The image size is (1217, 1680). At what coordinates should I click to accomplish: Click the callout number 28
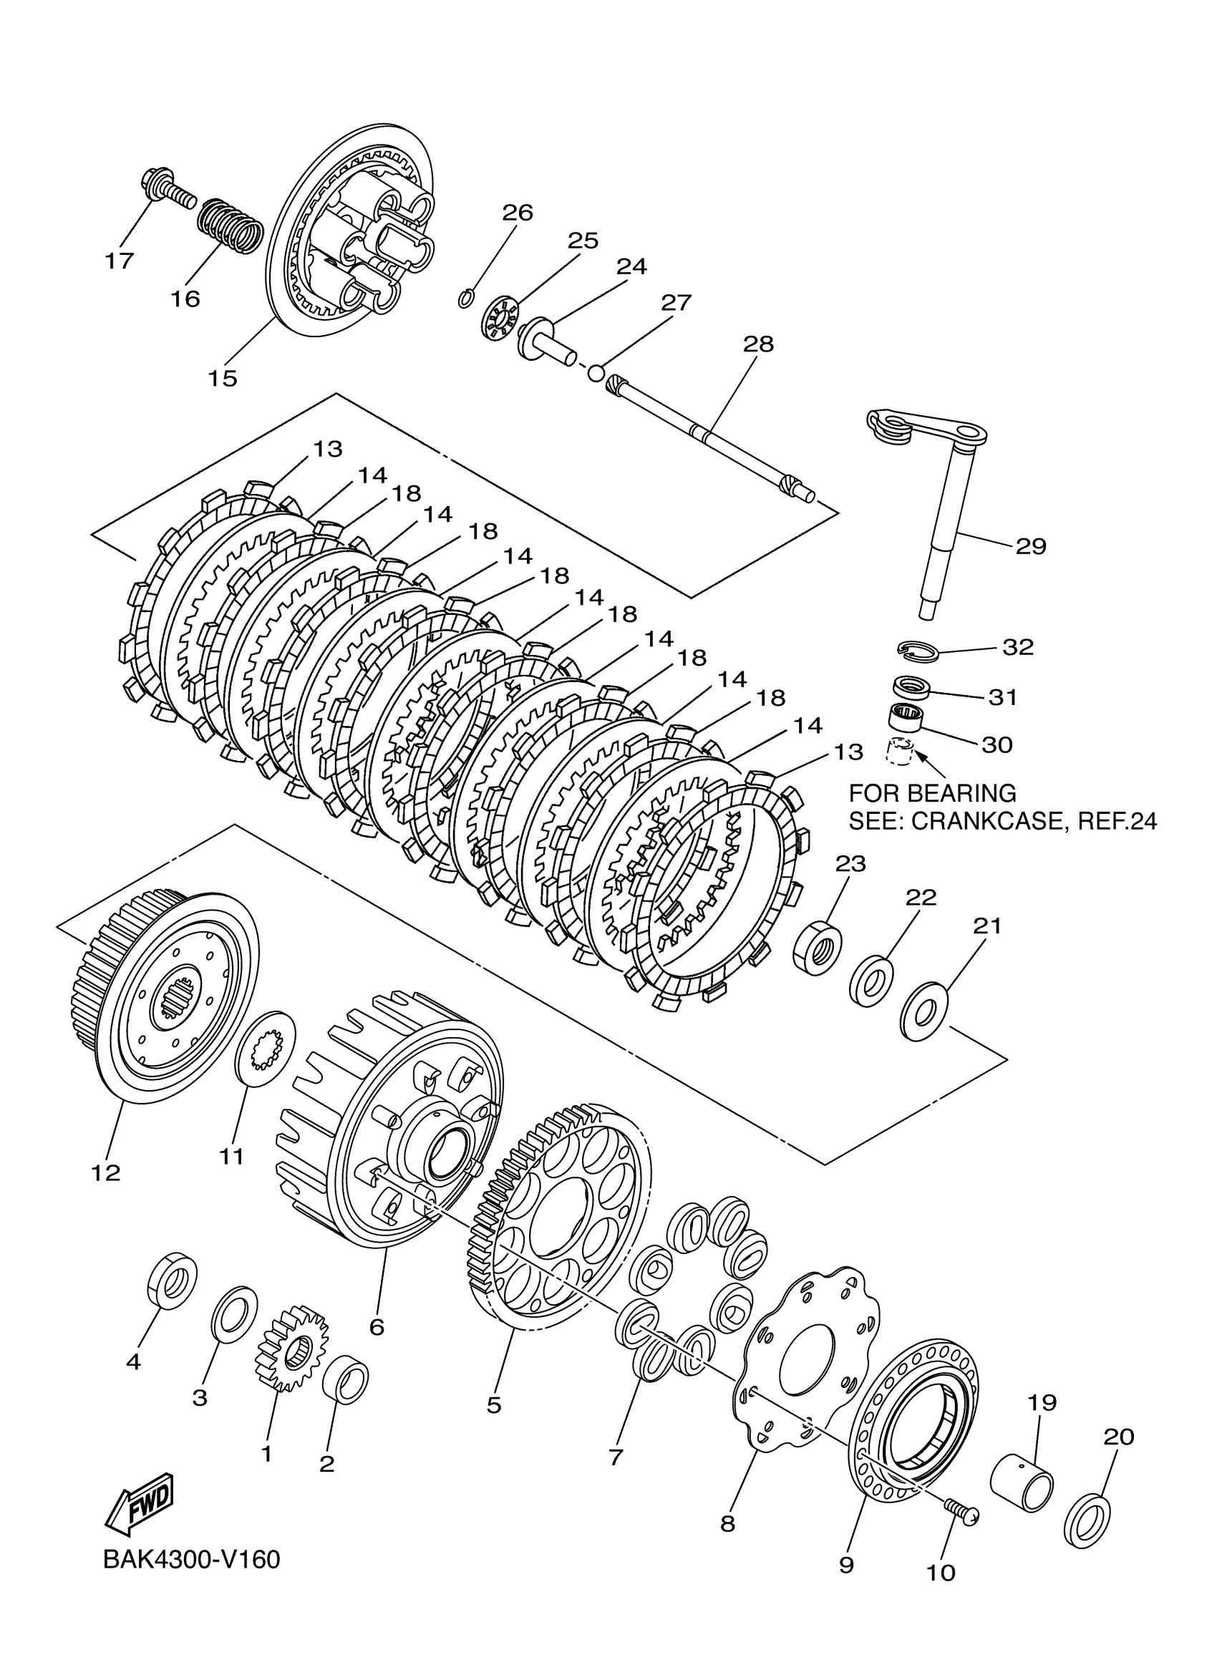757,344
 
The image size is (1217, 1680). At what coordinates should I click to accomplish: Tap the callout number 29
1030,547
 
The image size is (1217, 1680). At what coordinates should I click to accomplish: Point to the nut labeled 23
817,948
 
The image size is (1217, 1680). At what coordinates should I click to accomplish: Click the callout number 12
105,1172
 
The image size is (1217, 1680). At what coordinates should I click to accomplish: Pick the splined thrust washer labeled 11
265,1050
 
